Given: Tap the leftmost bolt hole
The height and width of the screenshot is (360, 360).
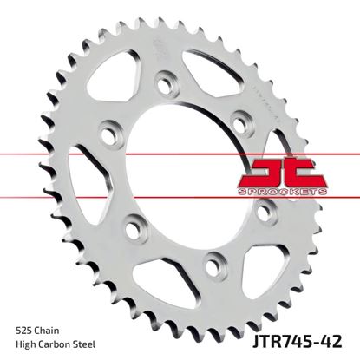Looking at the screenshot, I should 110,136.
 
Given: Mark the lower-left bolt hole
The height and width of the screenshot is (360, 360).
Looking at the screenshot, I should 132,231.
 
